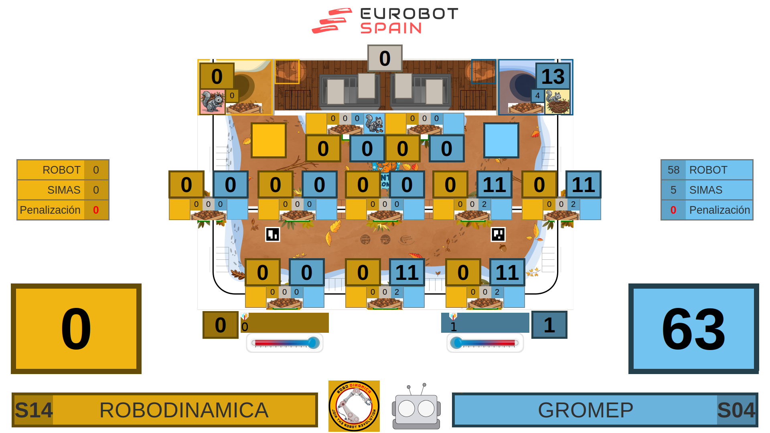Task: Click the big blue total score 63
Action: pos(693,328)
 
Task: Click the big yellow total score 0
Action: pos(76,328)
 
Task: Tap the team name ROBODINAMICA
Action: pos(184,410)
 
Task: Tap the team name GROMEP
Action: pos(585,410)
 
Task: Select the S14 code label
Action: pos(34,410)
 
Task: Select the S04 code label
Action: pos(736,410)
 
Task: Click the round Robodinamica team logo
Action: pos(354,406)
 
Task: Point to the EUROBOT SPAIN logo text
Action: pos(409,21)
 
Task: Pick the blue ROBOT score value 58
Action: pos(673,170)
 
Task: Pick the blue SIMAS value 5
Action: pos(673,190)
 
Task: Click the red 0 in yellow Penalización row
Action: pos(96,210)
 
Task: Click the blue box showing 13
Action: pos(553,76)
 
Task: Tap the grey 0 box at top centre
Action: pos(385,58)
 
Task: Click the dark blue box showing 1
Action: pos(549,325)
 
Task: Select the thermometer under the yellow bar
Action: pos(285,343)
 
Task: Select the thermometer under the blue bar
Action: pos(485,343)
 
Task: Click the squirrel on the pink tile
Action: pos(212,102)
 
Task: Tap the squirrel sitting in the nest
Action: pos(557,102)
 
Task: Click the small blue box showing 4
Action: pos(537,96)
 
